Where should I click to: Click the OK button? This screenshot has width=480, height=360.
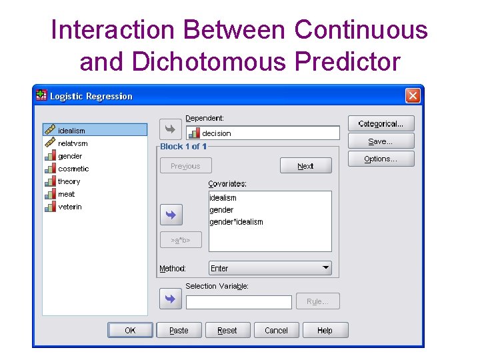coord(130,330)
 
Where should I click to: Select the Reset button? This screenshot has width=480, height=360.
coord(227,330)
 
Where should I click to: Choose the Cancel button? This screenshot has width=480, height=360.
coord(276,330)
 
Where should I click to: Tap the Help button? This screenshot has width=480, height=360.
coord(325,330)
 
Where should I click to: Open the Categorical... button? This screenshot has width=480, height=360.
coord(381,123)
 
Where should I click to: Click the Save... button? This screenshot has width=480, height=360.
coord(381,141)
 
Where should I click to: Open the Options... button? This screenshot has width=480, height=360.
coord(381,159)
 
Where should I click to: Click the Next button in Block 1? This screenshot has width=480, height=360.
coord(305,166)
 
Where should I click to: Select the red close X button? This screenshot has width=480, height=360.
coord(413,96)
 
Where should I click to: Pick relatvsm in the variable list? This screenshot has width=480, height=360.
coord(73,143)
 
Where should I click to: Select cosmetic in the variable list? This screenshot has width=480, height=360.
coord(73,169)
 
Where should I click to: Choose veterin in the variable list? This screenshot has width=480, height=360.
coord(70,207)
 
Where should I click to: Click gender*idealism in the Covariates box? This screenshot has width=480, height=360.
coord(236,222)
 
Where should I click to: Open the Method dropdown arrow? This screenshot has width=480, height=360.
coord(325,268)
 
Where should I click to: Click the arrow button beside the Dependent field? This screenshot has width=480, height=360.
coord(170,129)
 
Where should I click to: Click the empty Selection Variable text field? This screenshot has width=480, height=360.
coord(239,302)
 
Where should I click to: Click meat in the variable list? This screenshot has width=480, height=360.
coord(67,194)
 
